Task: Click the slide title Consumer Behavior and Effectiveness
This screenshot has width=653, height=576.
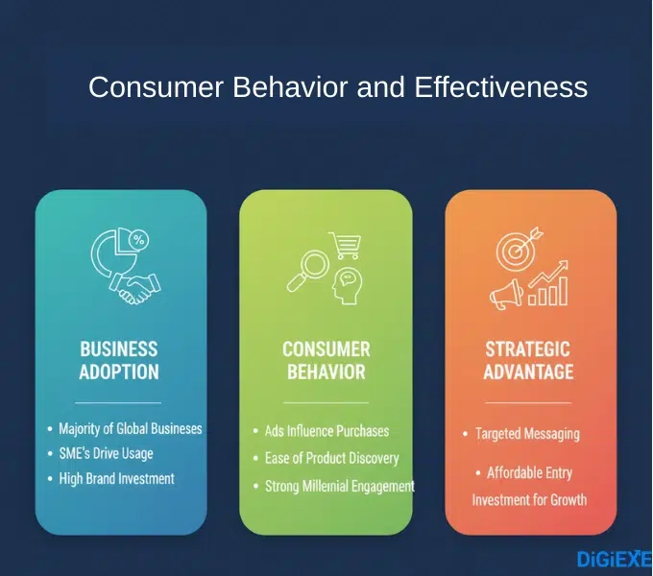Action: click(337, 87)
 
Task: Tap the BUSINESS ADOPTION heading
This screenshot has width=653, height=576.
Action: click(119, 360)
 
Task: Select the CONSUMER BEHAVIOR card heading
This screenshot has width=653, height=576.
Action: click(326, 360)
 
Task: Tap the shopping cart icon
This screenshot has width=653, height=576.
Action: click(345, 246)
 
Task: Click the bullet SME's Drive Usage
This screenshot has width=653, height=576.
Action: click(106, 453)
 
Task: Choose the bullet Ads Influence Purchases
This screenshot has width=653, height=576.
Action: click(326, 431)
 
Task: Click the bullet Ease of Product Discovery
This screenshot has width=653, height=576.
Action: click(331, 458)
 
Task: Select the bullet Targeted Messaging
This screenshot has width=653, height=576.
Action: click(527, 434)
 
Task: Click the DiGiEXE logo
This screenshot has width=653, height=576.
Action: click(614, 559)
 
